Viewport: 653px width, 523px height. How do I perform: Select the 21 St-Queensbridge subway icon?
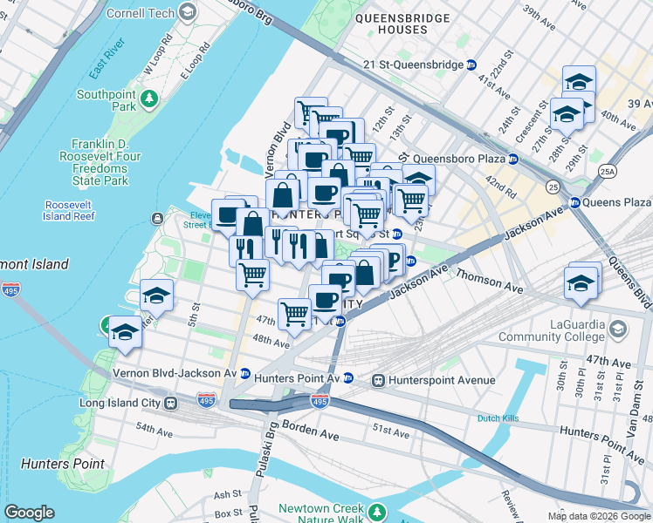472,65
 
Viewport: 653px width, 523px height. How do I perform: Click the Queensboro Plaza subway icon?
514,159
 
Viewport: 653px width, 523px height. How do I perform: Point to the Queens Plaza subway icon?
574,202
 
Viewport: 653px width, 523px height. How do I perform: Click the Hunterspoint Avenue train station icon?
379,380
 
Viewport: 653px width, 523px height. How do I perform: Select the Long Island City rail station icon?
171,404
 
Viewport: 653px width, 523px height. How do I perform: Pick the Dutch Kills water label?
498,418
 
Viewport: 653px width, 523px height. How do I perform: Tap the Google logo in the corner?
30,513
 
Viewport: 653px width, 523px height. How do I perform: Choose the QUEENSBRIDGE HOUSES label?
402,24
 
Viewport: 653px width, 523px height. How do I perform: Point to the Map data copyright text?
599,516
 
